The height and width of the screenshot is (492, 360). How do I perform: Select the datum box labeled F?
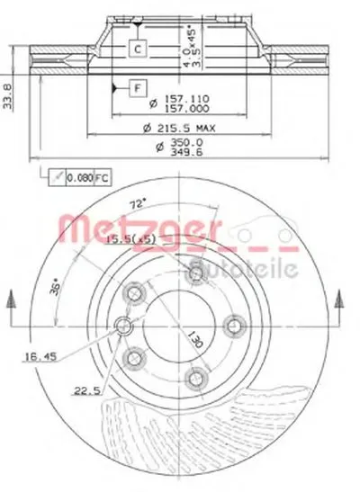pyautogui.click(x=137, y=88)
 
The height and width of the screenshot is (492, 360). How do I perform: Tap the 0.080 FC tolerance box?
pyautogui.click(x=71, y=179)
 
